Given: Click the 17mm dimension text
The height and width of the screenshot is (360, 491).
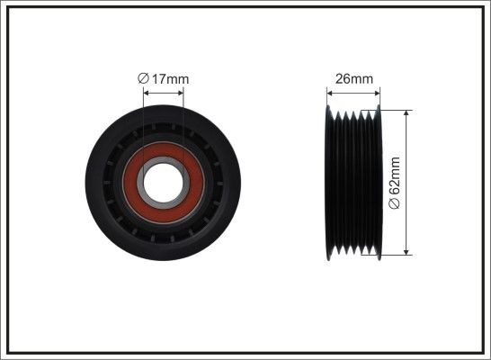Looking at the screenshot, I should pos(169,79).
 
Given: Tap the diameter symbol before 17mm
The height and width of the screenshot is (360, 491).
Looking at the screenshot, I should pos(143,79).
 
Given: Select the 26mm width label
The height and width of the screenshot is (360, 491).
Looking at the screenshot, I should pos(353,79).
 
